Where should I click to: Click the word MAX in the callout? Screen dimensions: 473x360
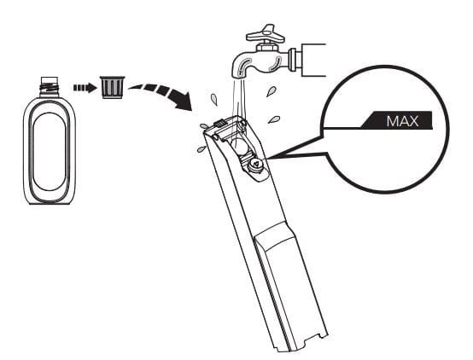[402, 121]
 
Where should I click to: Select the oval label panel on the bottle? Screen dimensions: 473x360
[50, 152]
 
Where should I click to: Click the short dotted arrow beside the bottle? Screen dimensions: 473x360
[85, 88]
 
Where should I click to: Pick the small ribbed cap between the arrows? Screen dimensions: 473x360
[112, 87]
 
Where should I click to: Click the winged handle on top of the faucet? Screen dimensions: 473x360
[266, 34]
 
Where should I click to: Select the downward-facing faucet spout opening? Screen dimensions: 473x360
[239, 76]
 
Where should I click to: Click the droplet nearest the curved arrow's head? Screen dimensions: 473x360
[214, 99]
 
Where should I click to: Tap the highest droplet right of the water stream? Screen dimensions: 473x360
[271, 91]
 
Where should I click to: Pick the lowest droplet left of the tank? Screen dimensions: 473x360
[201, 148]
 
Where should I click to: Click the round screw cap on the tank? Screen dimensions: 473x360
[256, 165]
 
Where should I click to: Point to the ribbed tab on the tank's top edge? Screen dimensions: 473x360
[220, 123]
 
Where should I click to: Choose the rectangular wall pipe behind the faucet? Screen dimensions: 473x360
[313, 60]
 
